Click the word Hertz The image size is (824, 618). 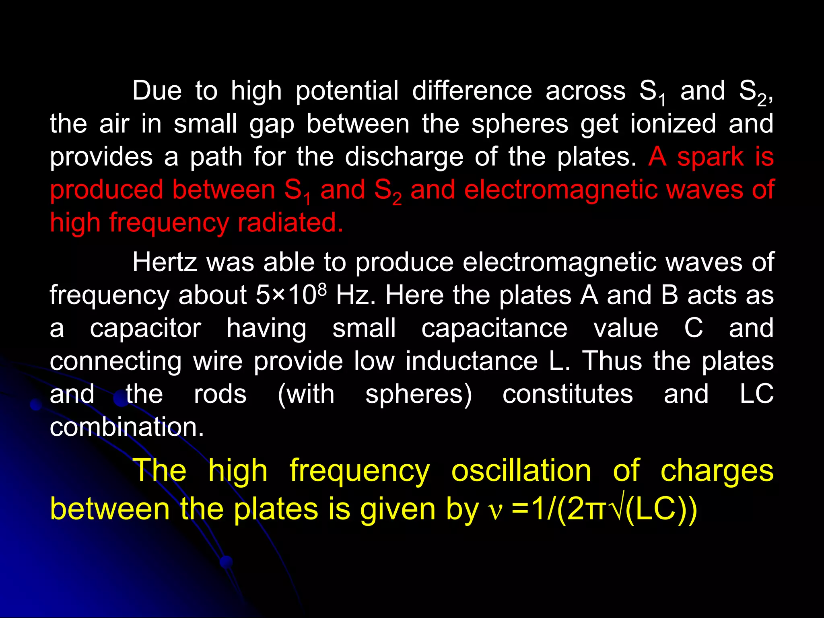165,262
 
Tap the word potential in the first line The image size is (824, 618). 347,92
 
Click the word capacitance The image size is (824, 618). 494,328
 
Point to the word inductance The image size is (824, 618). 472,361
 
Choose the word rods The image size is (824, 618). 220,394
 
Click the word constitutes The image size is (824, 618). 567,394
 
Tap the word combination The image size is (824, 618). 127,427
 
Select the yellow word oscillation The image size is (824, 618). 521,471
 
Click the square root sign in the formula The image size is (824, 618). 618,509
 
